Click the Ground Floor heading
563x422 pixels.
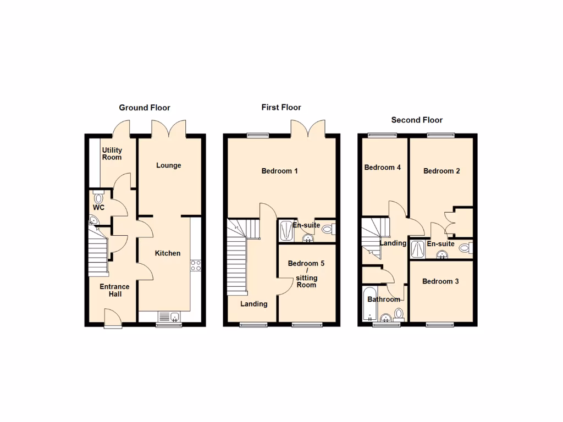(145, 108)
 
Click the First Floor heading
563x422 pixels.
(281, 107)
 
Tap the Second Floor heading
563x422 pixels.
(417, 120)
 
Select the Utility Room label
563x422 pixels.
(112, 154)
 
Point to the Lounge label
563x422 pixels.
(168, 165)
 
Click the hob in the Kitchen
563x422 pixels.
(196, 265)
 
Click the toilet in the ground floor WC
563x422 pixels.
(98, 196)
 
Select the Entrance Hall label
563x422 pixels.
(114, 290)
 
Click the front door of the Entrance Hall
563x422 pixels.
(113, 317)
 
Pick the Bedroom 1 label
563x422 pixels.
(279, 171)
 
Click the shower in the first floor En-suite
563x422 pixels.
(286, 230)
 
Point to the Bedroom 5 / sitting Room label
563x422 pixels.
(306, 274)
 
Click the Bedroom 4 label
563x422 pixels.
(383, 168)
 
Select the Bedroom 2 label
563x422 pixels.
(441, 171)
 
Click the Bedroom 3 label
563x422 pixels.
(440, 281)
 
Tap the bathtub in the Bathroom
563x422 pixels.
(368, 304)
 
